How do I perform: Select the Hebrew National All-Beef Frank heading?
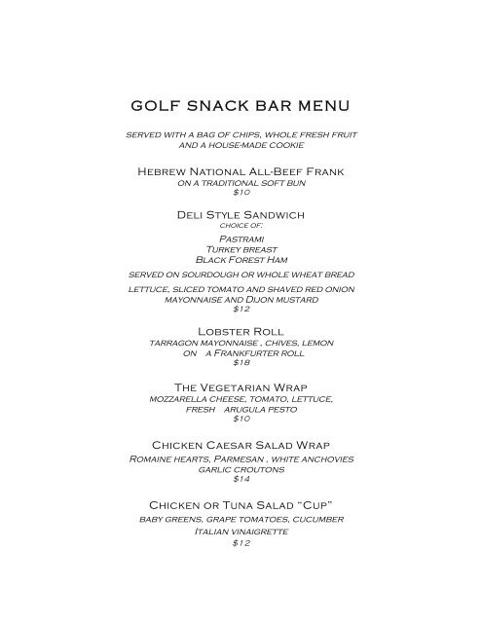(x=240, y=172)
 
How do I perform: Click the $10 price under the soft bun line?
(x=241, y=193)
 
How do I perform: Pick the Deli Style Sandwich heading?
(x=241, y=213)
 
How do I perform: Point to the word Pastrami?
(x=241, y=237)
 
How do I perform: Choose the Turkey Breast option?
(x=241, y=248)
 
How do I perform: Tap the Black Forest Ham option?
(x=241, y=260)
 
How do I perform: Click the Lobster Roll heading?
(x=241, y=332)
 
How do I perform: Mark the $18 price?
(x=241, y=362)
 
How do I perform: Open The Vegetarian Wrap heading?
(x=241, y=388)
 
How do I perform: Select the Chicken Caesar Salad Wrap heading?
(x=241, y=445)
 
